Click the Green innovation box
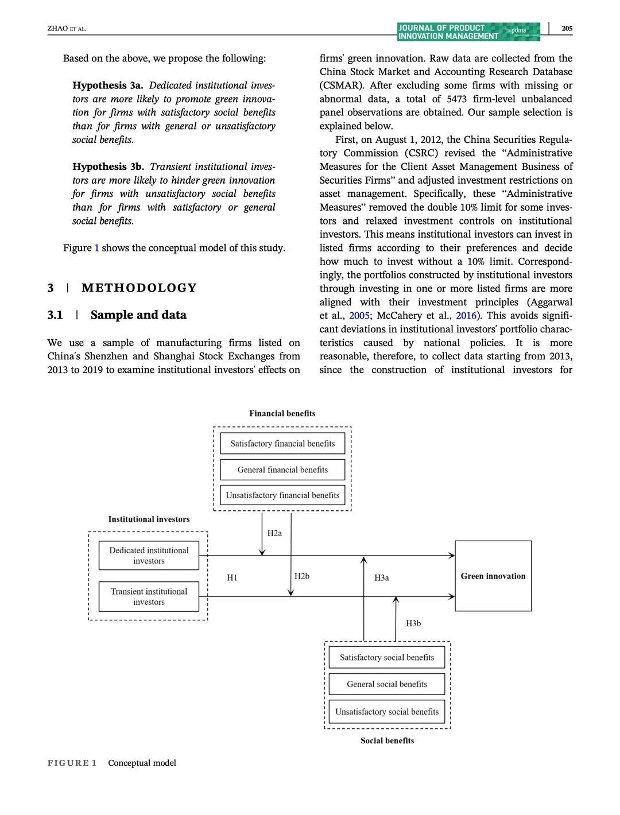[493, 576]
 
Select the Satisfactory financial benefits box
[282, 443]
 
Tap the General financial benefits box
[282, 469]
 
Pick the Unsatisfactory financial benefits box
[282, 495]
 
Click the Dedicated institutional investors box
[149, 556]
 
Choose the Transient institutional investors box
[149, 596]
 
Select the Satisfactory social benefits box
[387, 657]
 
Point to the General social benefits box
[387, 684]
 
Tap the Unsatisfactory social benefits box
[387, 711]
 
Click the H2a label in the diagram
[274, 533]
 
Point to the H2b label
[302, 576]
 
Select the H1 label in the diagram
[232, 577]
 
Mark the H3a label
[382, 577]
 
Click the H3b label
[413, 623]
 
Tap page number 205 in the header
[567, 28]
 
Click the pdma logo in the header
[519, 30]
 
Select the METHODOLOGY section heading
[139, 288]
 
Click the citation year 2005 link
[359, 315]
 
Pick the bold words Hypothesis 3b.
[108, 166]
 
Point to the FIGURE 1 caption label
[72, 763]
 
